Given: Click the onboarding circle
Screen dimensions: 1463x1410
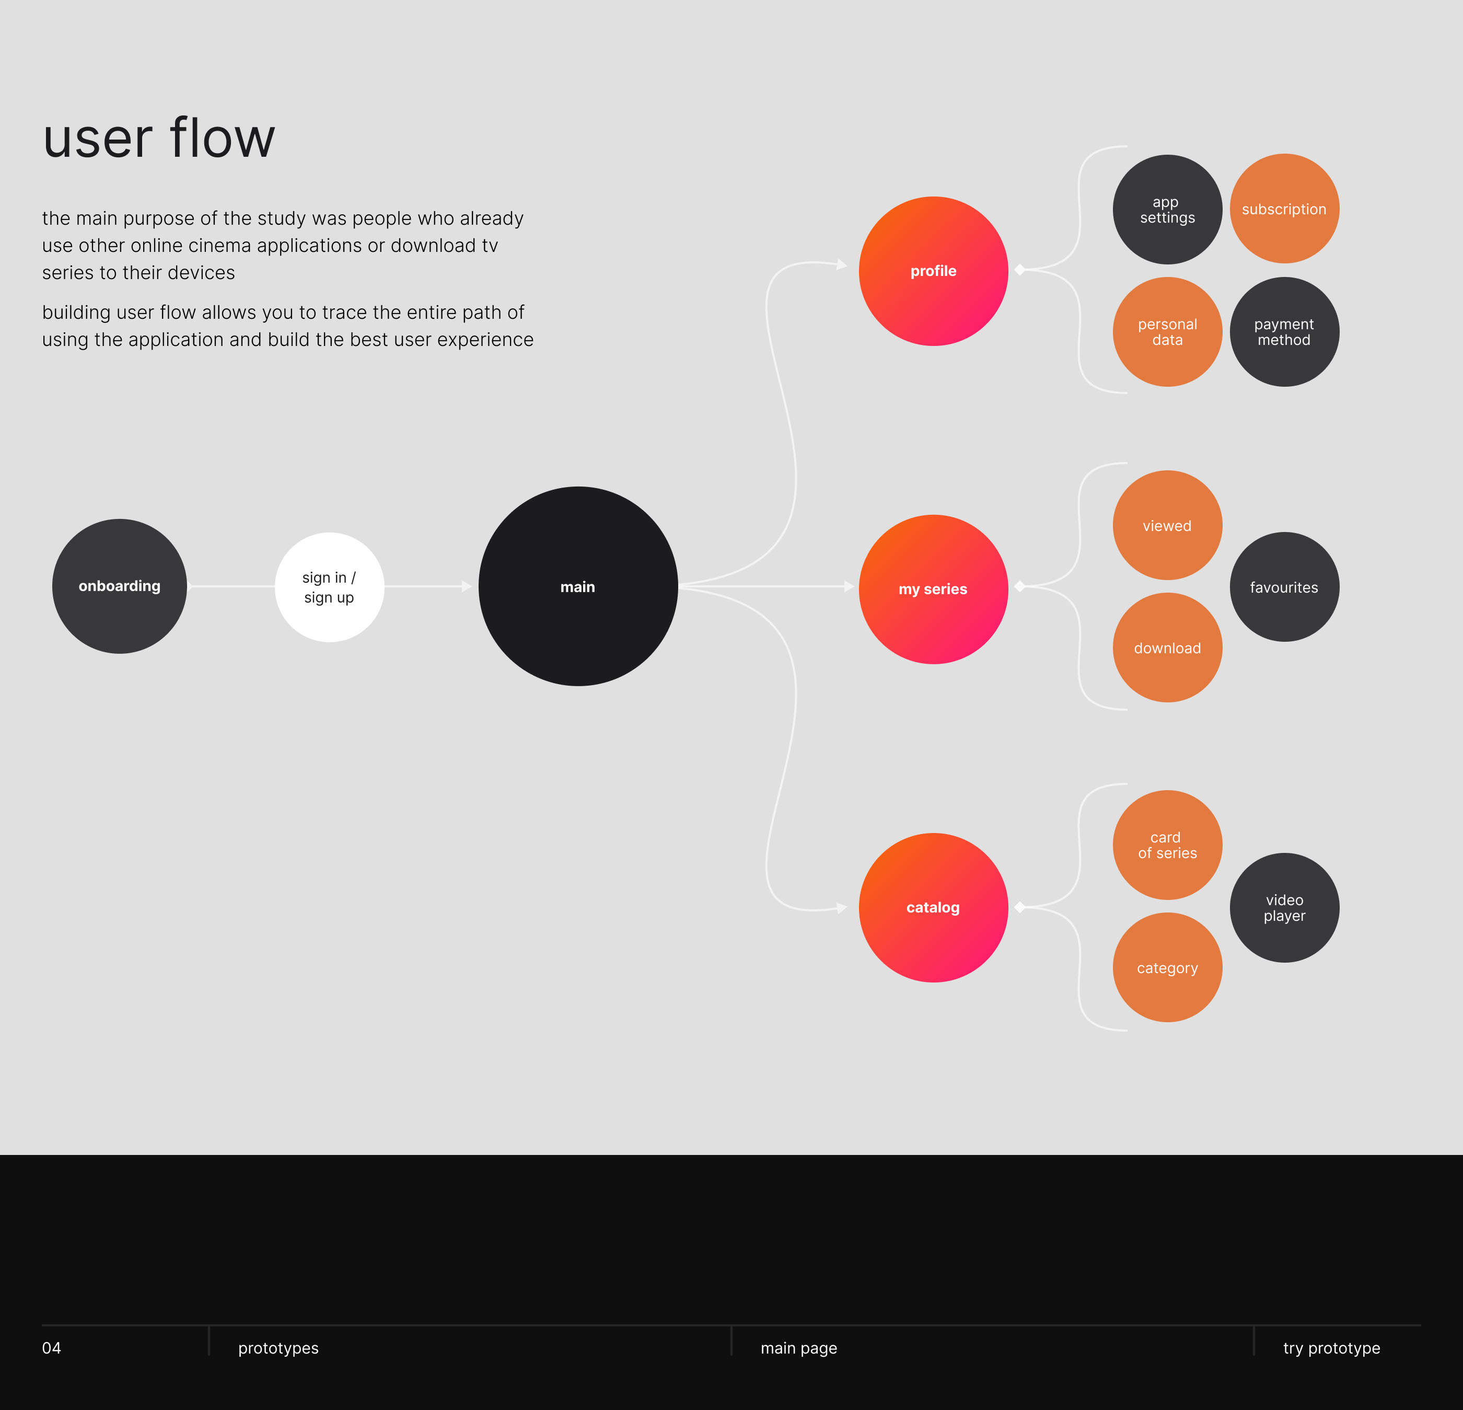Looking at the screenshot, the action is pos(120,586).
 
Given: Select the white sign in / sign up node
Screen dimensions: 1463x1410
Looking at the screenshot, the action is pos(329,587).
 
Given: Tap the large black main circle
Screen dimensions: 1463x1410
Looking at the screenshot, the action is pos(578,586).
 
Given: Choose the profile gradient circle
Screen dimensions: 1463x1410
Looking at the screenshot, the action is pos(933,271).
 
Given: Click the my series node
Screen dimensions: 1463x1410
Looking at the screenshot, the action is pos(933,589).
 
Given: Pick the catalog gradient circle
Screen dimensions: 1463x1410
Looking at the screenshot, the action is pos(933,908).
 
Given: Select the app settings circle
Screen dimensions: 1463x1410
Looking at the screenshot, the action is pos(1167,210).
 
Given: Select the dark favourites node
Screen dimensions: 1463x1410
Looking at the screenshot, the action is pos(1284,587).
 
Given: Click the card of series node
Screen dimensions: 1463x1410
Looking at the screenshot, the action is pos(1167,845).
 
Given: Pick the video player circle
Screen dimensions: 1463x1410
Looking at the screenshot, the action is pos(1284,908).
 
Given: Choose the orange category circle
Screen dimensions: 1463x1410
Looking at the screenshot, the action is pos(1167,967).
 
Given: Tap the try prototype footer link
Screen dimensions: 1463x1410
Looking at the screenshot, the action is pos(1332,1348).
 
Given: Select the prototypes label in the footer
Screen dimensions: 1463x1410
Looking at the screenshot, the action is pos(278,1348).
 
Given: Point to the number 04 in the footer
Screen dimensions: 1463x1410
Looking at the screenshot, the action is pos(52,1348).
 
